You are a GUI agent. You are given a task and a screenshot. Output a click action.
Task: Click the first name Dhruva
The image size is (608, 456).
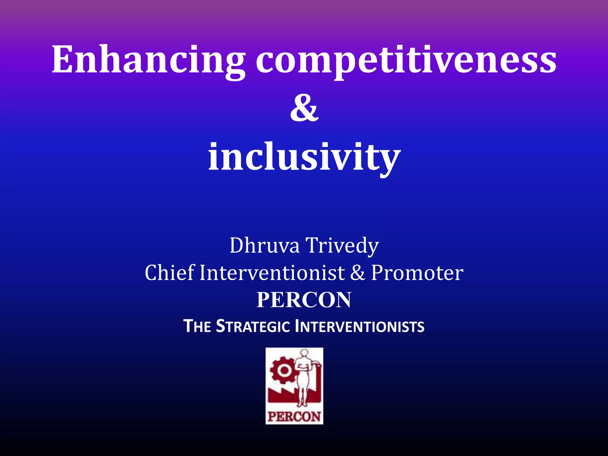coord(265,246)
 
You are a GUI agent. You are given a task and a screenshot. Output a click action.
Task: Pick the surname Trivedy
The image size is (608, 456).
coord(342,246)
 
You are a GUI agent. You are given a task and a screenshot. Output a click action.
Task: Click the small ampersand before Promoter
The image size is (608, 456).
coord(357,273)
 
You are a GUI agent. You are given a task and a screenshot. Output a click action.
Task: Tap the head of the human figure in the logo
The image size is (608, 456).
coord(304,353)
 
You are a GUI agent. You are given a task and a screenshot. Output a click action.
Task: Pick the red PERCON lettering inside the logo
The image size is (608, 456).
coord(294,417)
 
